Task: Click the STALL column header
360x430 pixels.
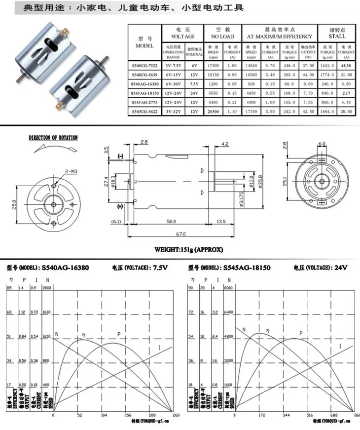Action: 337,36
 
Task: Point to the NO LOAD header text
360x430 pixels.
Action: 222,36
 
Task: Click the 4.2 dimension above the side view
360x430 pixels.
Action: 225,144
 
